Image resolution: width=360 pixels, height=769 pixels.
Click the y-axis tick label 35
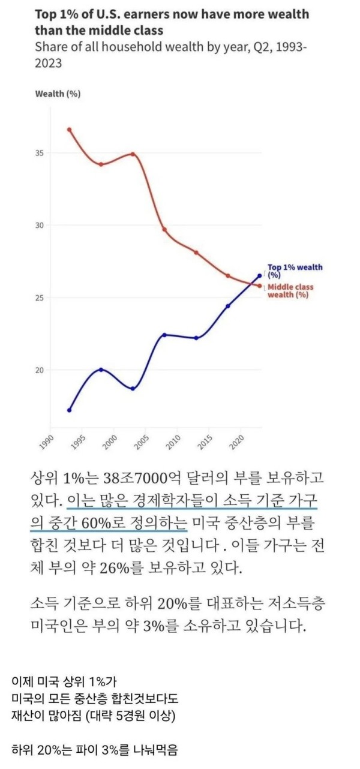[40, 153]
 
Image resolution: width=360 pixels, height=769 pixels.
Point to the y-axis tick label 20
[40, 370]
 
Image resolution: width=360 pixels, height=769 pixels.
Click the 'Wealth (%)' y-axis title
[58, 94]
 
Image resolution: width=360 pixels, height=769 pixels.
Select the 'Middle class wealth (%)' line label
[290, 291]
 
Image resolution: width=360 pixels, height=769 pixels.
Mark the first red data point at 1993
[70, 130]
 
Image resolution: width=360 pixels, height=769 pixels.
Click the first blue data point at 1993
[70, 410]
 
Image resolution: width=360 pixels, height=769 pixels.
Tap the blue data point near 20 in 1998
[101, 370]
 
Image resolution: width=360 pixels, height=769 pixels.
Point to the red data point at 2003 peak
[133, 154]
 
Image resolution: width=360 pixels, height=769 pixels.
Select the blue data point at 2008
[164, 335]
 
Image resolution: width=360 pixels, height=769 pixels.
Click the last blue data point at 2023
[260, 276]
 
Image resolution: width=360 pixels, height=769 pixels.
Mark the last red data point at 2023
[260, 286]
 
